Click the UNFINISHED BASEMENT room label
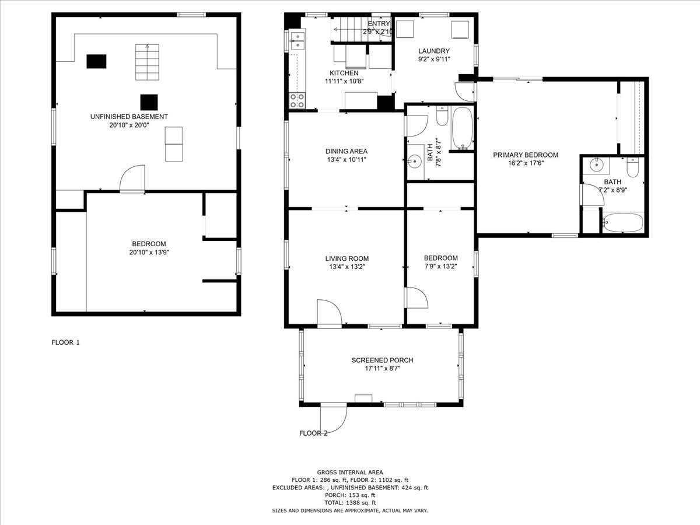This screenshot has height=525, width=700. pos(129,117)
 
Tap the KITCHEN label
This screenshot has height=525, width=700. pos(344,73)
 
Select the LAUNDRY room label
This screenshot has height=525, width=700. pos(434,51)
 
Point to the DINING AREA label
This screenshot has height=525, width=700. pos(346,151)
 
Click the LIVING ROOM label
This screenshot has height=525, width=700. pos(347,258)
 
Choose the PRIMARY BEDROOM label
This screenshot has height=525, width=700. pos(526,155)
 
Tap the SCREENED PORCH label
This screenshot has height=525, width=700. pos(382,360)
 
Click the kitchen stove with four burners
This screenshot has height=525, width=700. pos(297,100)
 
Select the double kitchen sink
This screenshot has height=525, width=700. pos(297,41)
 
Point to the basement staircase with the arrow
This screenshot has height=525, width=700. pos(147,62)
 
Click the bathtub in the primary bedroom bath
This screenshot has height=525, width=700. pos(622,222)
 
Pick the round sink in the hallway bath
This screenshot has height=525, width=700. pos(414,161)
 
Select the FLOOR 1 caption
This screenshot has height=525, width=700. pos(65,342)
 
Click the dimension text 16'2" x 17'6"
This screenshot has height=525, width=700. pos(526,163)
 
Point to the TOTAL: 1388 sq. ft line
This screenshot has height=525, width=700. pos(350,503)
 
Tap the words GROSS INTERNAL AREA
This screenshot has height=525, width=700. pos(350,473)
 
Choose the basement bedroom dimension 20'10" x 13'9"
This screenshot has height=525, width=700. pos(149,253)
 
